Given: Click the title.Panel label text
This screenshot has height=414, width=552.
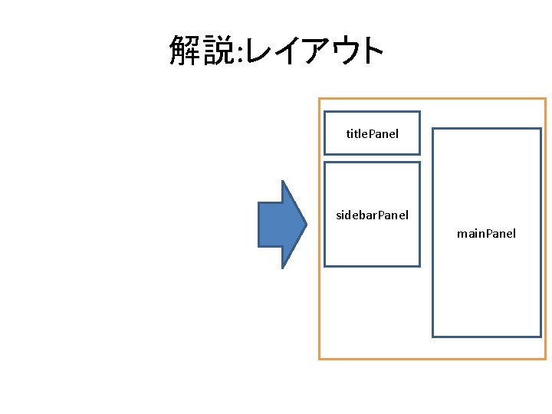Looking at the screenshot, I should click(372, 134).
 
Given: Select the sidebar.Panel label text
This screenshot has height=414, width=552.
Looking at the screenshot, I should click(372, 215).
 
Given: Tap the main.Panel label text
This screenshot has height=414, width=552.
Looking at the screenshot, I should click(486, 233).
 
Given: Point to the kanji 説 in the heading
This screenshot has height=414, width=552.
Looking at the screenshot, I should click(222, 51).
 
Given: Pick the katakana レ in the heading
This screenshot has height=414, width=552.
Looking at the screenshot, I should click(264, 51).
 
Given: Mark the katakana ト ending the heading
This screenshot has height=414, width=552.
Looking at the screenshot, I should click(374, 51).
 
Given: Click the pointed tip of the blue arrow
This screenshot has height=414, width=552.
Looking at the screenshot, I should click(307, 224).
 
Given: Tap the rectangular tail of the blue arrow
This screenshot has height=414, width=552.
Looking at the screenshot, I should click(270, 224).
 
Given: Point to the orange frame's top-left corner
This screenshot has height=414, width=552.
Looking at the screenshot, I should click(320, 99).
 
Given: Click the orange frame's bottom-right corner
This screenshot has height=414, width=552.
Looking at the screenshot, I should click(545, 358).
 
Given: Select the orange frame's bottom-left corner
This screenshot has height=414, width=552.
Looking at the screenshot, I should click(320, 358).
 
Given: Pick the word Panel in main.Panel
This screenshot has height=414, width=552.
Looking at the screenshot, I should click(499, 233).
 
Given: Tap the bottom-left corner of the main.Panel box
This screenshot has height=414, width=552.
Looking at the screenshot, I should click(433, 336).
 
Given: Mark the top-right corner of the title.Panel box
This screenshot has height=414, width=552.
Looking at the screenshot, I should click(419, 113).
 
